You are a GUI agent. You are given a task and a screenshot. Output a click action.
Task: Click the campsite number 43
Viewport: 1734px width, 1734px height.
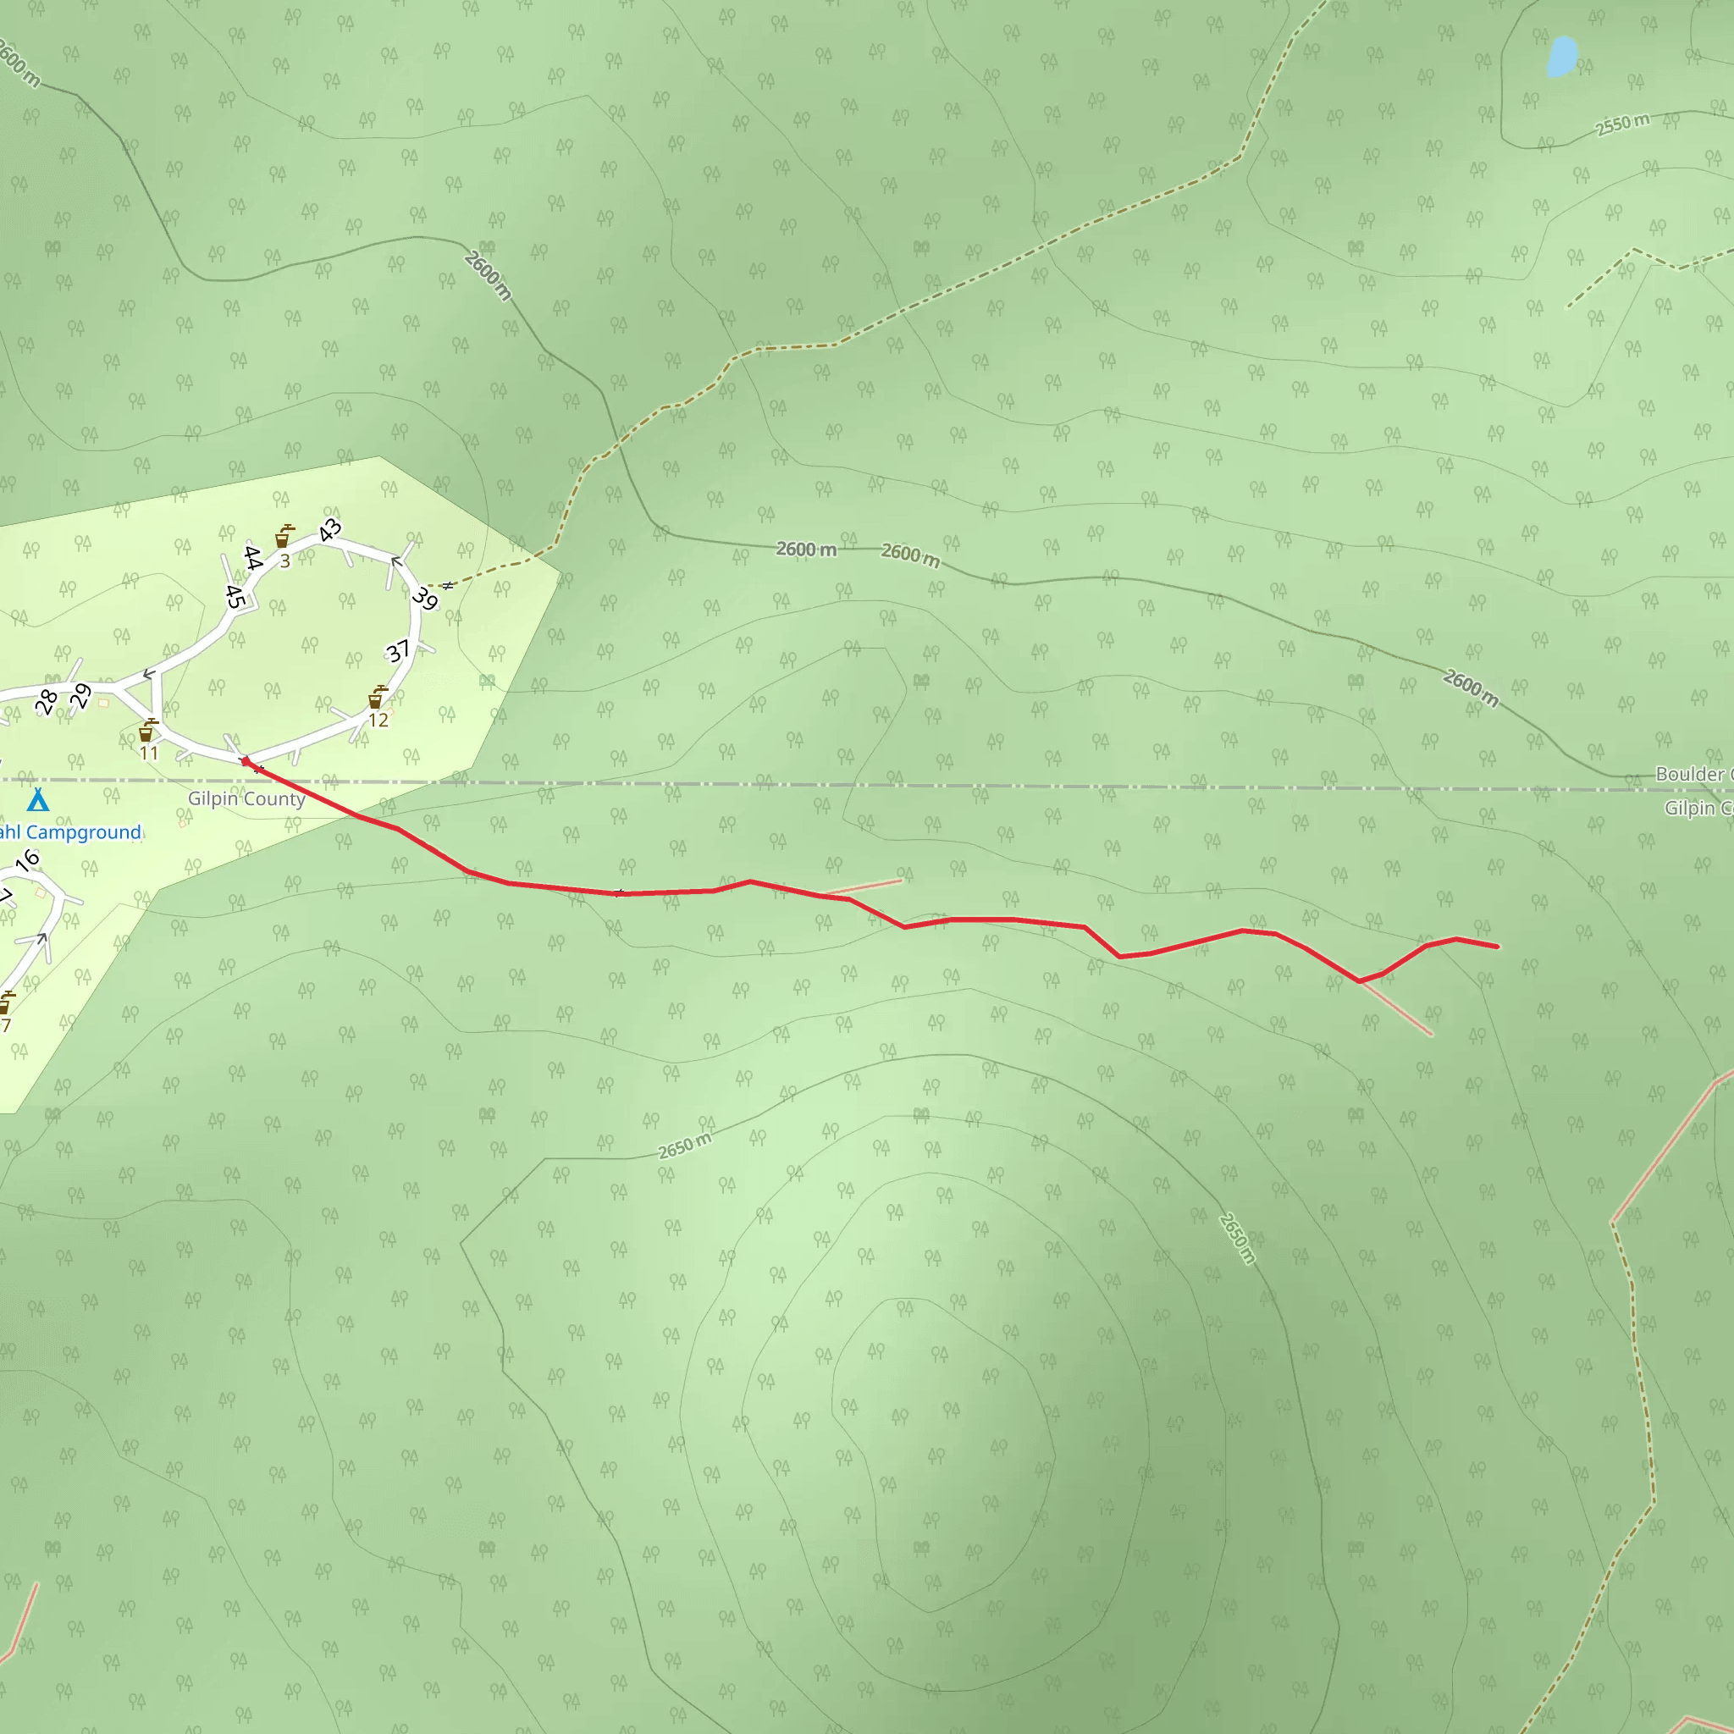330,529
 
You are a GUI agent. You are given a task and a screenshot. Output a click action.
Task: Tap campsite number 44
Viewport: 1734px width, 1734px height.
253,557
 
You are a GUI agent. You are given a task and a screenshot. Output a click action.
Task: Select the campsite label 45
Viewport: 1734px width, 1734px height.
235,597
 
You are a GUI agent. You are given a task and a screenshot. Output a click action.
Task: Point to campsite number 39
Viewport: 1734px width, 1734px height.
424,598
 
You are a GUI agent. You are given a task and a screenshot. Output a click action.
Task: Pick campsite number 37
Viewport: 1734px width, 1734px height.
399,651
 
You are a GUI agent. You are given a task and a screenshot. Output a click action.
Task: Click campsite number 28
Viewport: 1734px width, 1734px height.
47,702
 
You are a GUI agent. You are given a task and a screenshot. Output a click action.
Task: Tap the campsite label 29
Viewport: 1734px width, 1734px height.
81,696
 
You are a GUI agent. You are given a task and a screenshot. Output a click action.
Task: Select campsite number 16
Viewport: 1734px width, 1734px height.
28,860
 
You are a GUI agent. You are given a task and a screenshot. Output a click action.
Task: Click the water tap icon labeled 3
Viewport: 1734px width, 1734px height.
284,537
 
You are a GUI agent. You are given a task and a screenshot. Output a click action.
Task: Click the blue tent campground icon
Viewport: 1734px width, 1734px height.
38,798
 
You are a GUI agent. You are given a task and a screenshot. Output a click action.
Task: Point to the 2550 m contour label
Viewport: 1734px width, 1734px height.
1623,124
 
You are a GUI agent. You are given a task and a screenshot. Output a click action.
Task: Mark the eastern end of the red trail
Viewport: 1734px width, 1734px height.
1497,946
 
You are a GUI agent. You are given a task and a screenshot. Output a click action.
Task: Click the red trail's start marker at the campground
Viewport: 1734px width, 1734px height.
246,761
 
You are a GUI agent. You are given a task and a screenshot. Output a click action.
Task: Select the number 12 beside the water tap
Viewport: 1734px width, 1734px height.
378,720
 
